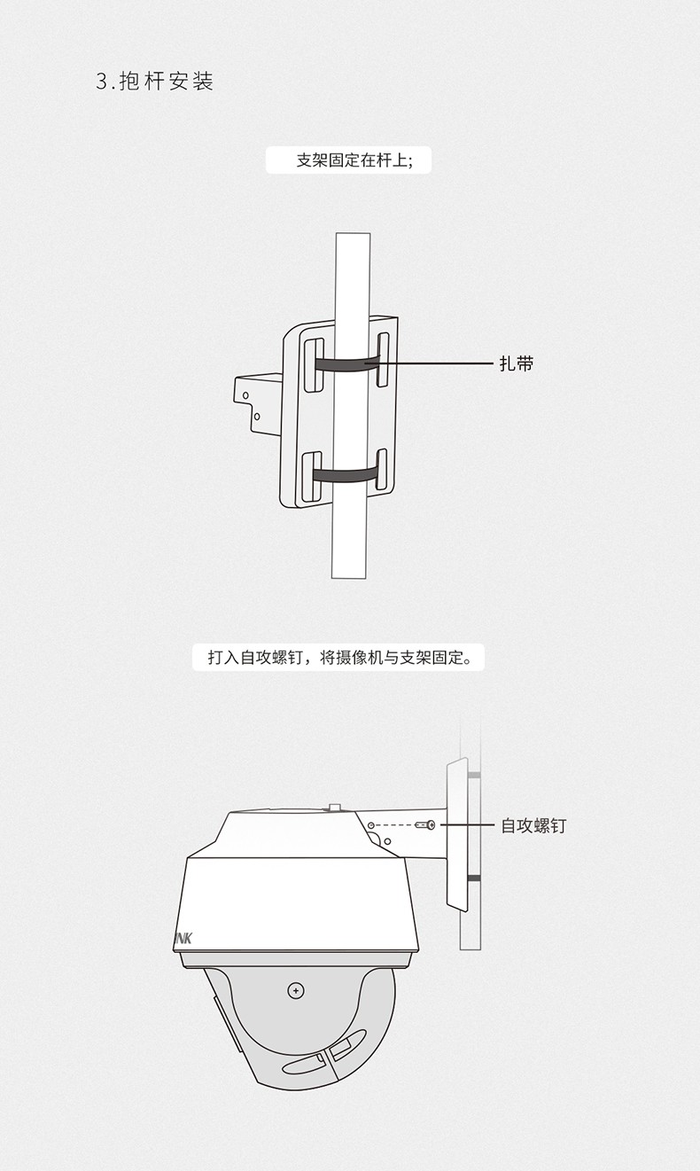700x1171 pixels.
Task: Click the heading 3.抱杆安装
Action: (155, 82)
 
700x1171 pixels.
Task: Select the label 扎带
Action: (516, 363)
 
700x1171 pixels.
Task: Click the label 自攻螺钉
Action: (533, 825)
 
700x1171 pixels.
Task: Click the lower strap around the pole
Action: (345, 474)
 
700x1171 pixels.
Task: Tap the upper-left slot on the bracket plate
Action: (314, 365)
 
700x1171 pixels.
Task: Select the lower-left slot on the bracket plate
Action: (312, 477)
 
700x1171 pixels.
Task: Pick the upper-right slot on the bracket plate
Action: (383, 359)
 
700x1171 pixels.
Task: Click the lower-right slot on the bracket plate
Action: (382, 470)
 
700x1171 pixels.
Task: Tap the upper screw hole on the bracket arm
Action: (245, 395)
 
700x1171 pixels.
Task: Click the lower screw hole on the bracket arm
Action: (256, 417)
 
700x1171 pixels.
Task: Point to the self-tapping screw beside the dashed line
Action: (425, 825)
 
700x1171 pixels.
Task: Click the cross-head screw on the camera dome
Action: (296, 991)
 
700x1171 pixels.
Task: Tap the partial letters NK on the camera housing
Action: (183, 938)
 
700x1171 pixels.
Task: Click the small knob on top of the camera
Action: (335, 808)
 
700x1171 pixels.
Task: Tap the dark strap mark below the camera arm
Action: (474, 878)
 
